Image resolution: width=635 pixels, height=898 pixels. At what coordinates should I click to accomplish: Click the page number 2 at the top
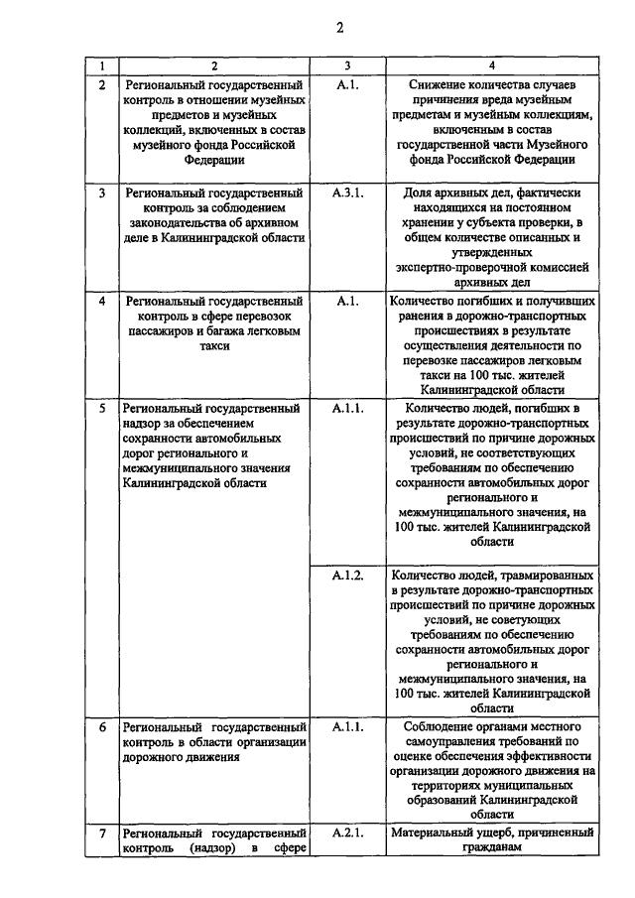tap(338, 28)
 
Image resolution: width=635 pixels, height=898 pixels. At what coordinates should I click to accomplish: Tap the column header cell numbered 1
tap(101, 65)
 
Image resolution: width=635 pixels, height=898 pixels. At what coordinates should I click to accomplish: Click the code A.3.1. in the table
tap(348, 192)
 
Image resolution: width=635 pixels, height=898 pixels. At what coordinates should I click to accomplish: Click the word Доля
tap(424, 192)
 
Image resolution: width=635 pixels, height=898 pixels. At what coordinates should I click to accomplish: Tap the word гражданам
tap(492, 848)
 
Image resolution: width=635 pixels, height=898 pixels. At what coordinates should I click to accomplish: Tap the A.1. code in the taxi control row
tap(346, 300)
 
